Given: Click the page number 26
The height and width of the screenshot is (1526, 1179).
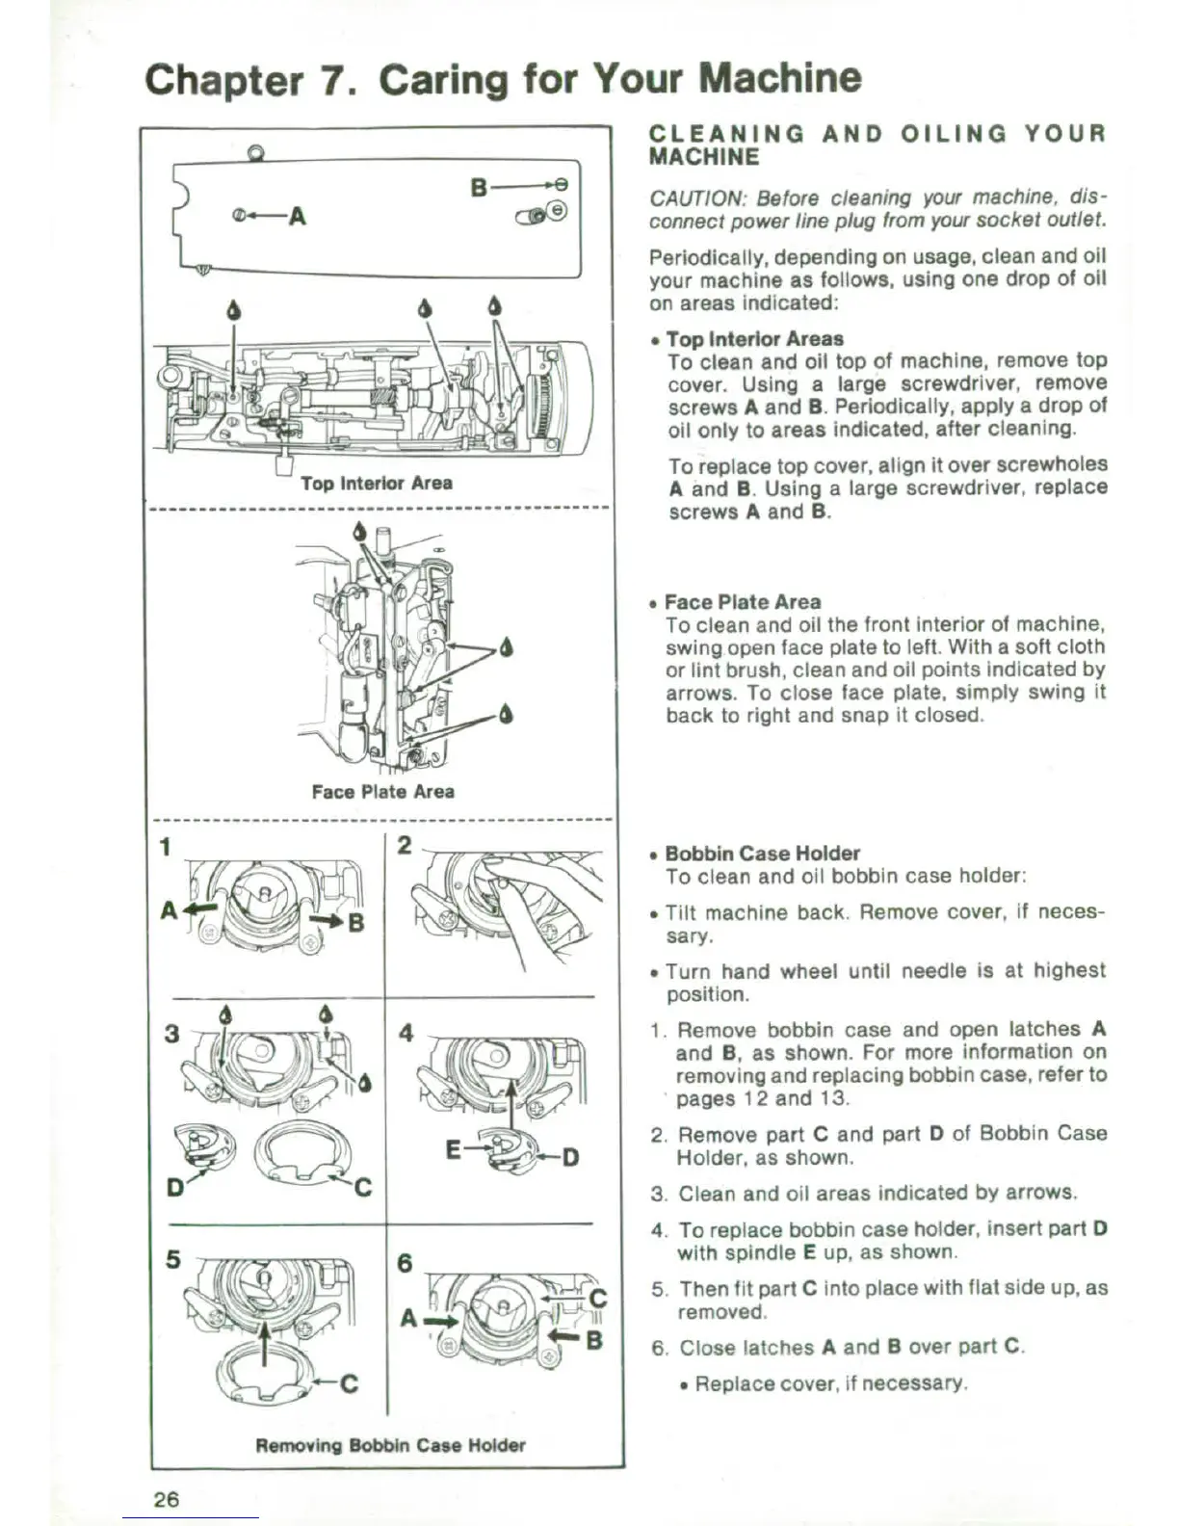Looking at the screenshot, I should coord(166,1498).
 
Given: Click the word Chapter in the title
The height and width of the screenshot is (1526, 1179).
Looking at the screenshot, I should coord(223,79).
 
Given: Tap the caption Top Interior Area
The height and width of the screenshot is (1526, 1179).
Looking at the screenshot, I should coord(376,483).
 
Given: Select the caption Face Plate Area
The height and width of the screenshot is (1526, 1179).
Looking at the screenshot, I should coord(382,791).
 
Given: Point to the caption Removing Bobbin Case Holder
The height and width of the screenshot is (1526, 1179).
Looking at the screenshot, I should coord(390,1445).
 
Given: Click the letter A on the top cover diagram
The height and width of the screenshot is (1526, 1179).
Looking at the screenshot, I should coord(298,216).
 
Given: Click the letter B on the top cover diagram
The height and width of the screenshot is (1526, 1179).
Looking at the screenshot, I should coord(480,185).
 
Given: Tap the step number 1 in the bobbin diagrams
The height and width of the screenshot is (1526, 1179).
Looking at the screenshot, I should coord(166,847).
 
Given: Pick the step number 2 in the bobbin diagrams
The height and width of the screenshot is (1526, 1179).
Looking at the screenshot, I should coord(406,846).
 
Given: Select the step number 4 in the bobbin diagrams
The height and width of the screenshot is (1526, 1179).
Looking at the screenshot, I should coord(406,1033).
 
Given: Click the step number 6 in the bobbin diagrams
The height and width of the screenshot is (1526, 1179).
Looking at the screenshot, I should coord(406,1262).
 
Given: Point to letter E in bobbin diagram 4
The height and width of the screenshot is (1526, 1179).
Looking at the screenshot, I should coord(455,1149).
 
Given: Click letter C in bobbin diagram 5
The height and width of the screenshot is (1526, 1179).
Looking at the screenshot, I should coord(349,1383).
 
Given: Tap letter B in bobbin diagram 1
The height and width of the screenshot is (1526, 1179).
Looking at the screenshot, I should coord(355,923).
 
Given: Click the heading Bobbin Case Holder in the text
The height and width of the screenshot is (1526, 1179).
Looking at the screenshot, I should coord(762,854).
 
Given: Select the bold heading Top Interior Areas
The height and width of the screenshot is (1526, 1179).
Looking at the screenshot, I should coord(754,339).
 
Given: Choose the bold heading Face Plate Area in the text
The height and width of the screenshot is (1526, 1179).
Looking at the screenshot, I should coord(743,602).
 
